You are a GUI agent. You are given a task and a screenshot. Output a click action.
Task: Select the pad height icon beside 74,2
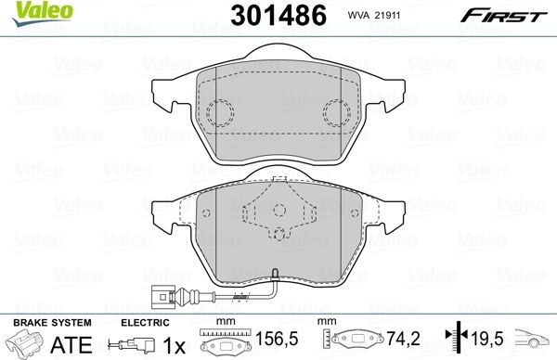click(358, 340)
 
